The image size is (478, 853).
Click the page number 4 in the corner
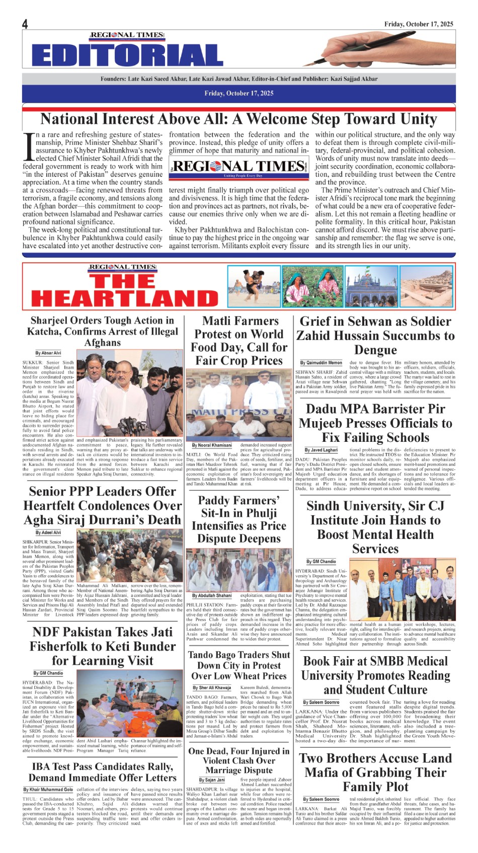[25, 24]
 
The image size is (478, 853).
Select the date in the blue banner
[239, 93]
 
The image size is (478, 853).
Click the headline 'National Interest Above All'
[238, 119]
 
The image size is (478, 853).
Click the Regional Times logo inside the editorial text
[238, 167]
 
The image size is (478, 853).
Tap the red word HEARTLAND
[125, 298]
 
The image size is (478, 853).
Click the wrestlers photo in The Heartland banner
[254, 286]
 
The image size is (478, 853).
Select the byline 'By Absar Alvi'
[48, 353]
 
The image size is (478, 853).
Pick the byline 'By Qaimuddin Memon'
[321, 362]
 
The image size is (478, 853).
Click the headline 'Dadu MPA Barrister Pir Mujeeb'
[375, 423]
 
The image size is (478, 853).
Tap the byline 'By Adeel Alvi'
[48, 532]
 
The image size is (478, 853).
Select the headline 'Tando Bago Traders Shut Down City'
[238, 665]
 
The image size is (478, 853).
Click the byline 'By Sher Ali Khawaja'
[212, 687]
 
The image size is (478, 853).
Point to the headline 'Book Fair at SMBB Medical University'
[375, 675]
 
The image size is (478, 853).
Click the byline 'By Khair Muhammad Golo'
[48, 790]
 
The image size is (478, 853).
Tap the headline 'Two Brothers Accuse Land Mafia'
[375, 772]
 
